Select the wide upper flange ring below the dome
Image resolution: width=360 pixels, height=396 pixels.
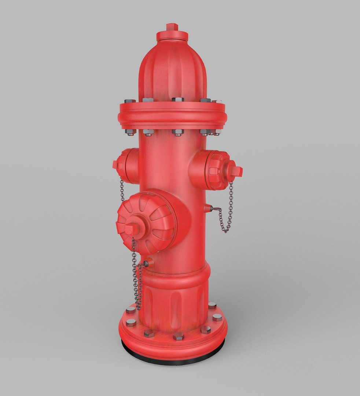pos(173,115)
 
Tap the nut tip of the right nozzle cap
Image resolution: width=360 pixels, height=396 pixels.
pos(235,171)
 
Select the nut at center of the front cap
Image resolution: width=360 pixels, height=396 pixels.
pos(131,229)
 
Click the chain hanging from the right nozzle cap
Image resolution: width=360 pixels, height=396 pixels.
pos(229,209)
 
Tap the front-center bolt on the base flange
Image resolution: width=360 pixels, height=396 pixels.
pos(179,336)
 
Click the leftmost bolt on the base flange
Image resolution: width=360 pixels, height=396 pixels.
pos(131,323)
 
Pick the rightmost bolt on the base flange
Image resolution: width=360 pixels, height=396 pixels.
pos(217,317)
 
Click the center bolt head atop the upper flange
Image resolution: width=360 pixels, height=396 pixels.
pos(177,99)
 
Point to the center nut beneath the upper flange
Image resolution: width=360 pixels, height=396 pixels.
pos(177,132)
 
